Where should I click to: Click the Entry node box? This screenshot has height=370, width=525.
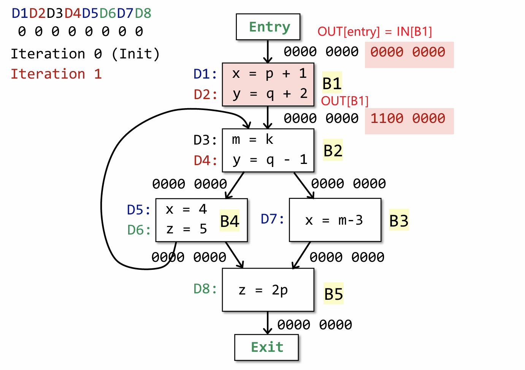point(268,27)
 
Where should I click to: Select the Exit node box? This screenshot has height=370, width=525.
point(266,347)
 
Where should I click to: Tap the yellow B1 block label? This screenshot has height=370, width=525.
point(332,83)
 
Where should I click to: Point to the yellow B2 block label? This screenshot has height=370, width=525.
point(333,150)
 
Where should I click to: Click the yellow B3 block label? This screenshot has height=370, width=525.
point(399,220)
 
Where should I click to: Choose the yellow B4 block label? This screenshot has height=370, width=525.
point(230,221)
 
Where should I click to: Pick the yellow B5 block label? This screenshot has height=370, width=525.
point(333,294)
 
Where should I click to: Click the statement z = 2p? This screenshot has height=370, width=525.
point(263,290)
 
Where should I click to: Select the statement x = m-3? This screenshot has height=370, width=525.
point(334,220)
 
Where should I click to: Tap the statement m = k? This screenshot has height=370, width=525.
point(252,140)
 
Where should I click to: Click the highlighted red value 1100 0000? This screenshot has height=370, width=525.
point(408,118)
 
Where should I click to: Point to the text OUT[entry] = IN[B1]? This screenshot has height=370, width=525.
point(374,31)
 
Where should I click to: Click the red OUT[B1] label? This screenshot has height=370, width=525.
point(345,101)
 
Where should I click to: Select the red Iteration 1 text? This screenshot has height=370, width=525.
point(56,74)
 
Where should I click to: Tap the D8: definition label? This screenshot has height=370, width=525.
point(205,289)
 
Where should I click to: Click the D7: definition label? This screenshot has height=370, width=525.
point(273,219)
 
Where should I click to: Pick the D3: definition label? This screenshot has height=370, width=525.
point(205,140)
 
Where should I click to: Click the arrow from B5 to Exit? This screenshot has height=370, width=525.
point(268,323)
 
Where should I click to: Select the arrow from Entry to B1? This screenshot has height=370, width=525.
point(268,51)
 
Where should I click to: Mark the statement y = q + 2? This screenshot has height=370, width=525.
point(270,93)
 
